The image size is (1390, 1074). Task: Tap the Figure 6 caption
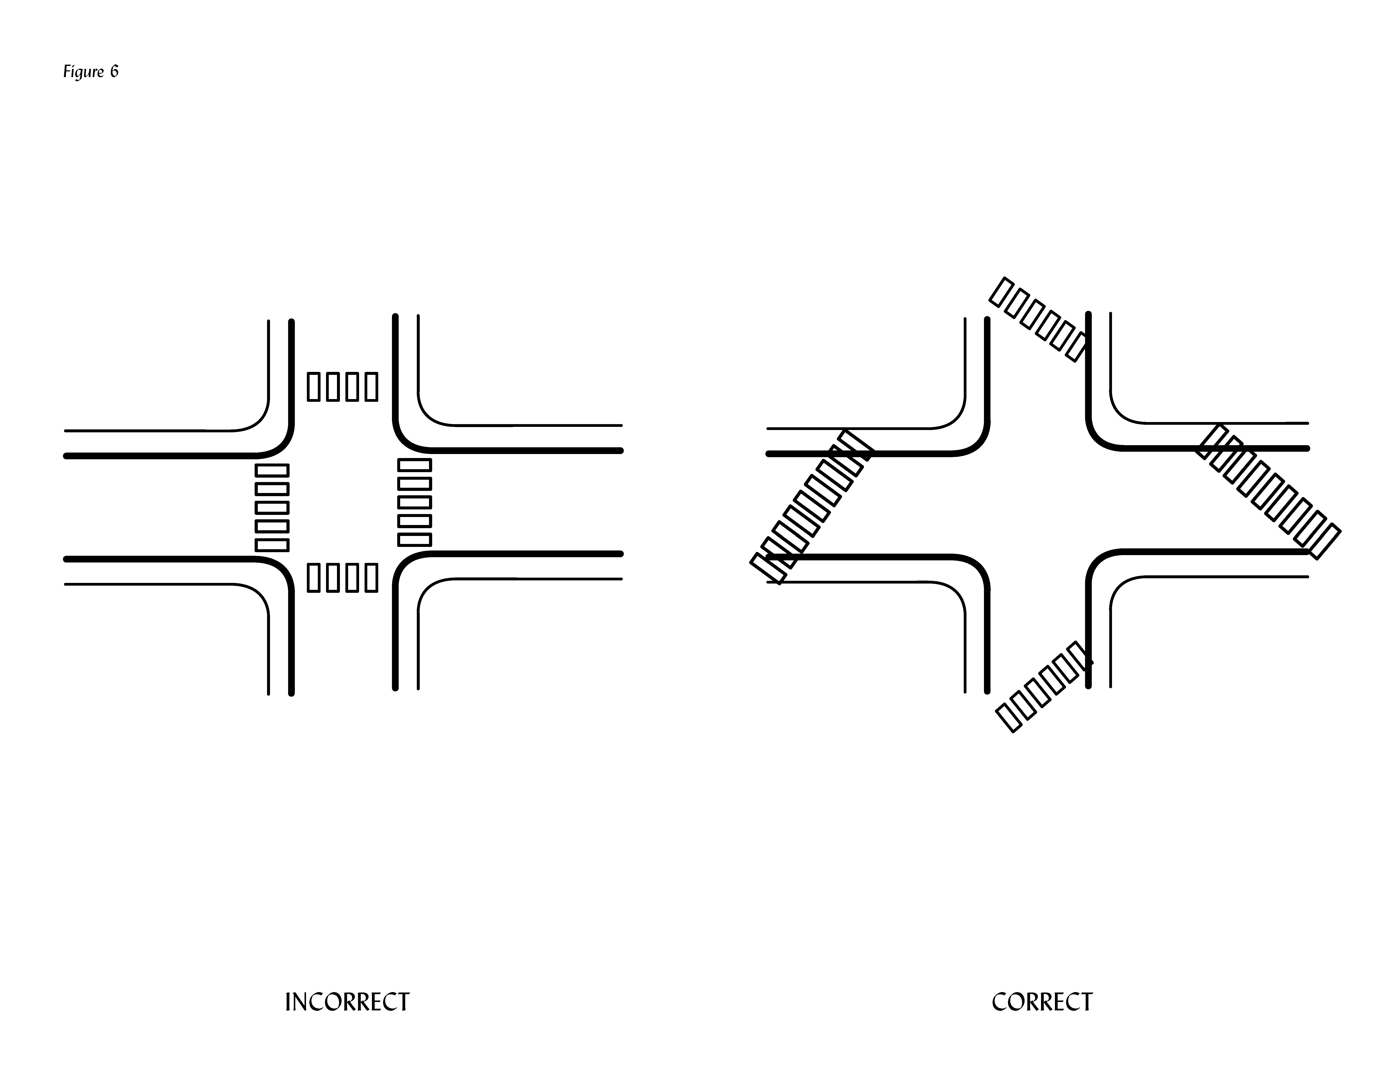pyautogui.click(x=90, y=71)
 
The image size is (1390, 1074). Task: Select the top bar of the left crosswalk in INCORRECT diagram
pyautogui.click(x=272, y=470)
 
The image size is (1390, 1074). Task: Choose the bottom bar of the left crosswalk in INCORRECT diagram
pyautogui.click(x=272, y=545)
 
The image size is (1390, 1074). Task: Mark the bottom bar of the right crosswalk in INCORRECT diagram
pyautogui.click(x=414, y=540)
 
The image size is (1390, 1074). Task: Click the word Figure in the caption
pyautogui.click(x=83, y=71)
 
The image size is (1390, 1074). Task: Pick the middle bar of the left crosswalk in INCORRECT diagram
pyautogui.click(x=272, y=508)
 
